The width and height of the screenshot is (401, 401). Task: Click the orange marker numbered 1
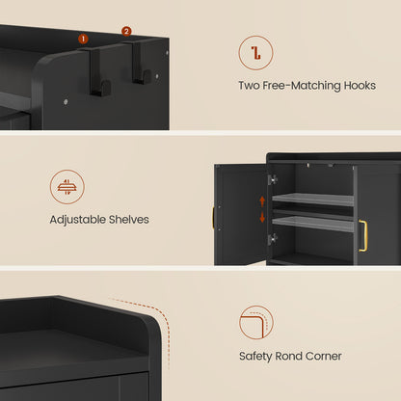pos(83,39)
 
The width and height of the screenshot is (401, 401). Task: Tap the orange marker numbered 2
pos(126,32)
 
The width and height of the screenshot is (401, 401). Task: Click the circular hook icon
pos(254,52)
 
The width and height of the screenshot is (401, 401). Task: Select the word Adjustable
pos(80,220)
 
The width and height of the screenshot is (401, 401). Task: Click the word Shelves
pos(130,220)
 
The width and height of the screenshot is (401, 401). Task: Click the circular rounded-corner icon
pos(255,322)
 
